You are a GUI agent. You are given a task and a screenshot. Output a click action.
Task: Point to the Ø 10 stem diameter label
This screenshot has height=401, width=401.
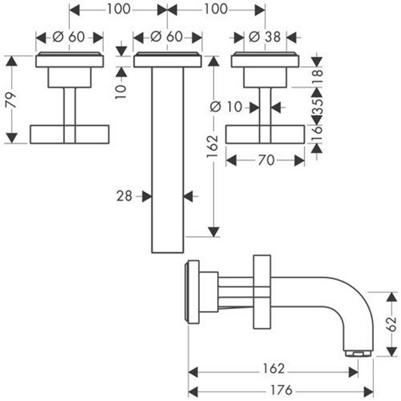click(227, 107)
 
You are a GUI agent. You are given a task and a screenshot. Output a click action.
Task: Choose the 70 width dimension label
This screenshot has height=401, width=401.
click(266, 161)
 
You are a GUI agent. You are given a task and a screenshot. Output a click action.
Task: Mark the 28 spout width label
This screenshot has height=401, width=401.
click(124, 195)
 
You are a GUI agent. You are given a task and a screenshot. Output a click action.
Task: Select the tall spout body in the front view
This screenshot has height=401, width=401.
click(167, 161)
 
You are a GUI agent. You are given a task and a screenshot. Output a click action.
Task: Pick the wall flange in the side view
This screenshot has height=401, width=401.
click(193, 292)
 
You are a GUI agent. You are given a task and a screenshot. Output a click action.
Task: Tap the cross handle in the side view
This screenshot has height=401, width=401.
click(261, 292)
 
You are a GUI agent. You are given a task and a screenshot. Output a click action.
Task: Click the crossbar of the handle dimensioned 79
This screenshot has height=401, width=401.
click(70, 134)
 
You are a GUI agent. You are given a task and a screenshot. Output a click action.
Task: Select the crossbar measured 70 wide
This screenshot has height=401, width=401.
click(265, 134)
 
